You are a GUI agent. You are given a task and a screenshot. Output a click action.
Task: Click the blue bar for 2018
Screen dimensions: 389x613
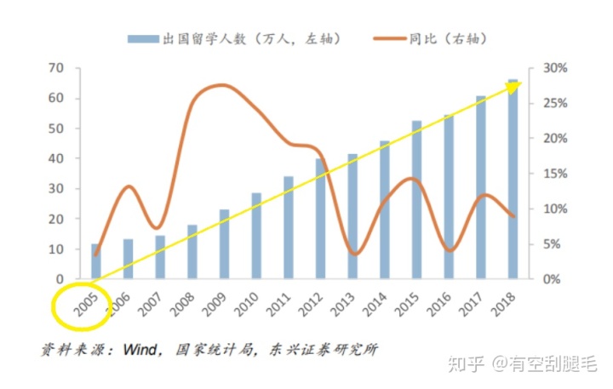tap(513, 180)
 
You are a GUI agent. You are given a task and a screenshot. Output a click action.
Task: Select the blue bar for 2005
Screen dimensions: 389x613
tap(96, 261)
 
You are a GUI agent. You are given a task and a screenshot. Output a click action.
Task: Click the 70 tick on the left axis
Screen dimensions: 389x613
tap(56, 68)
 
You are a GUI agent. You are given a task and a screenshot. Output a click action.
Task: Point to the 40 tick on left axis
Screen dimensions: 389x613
tap(56, 158)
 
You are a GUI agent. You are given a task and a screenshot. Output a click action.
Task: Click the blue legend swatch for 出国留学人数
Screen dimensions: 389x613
tap(142, 38)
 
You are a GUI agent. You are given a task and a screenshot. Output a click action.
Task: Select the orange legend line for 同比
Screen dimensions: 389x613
tap(391, 38)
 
